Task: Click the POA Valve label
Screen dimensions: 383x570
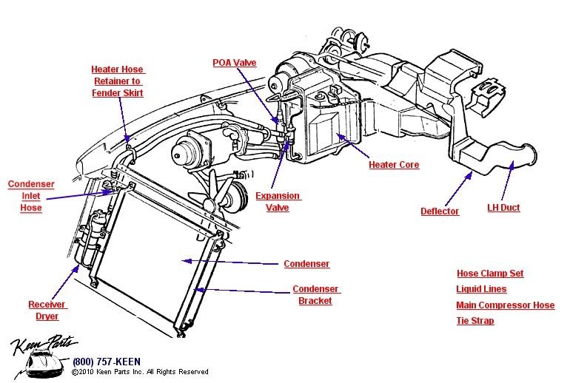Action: [235, 64]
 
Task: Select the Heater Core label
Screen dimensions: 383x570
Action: [394, 165]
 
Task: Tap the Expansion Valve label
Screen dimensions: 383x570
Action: [278, 202]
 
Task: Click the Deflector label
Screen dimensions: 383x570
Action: [440, 211]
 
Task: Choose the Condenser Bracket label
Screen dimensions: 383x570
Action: [315, 295]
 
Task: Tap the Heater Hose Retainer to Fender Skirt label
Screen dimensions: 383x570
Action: [117, 81]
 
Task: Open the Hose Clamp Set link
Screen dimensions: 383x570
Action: [489, 274]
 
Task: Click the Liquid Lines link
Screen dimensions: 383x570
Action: [481, 289]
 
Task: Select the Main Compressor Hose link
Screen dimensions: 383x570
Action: [505, 305]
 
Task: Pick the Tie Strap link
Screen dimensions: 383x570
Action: [475, 321]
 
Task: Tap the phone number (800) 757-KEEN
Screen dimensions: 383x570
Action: [103, 362]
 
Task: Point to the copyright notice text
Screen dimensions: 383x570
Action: [140, 372]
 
